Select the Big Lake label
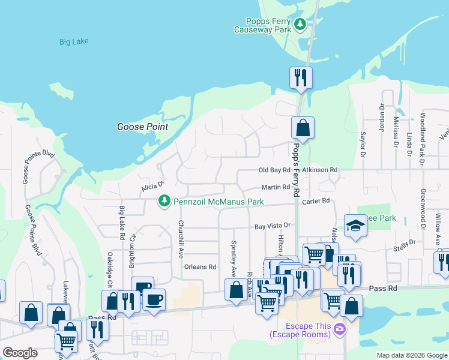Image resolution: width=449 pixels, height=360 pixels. click(x=74, y=42)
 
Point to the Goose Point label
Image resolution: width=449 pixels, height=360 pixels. click(x=142, y=127)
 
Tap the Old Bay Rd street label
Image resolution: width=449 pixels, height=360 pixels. click(x=274, y=170)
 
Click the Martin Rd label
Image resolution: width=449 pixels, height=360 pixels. click(x=276, y=187)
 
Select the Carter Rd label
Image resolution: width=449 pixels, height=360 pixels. click(x=316, y=201)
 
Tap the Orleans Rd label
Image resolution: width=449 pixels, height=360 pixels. click(x=200, y=267)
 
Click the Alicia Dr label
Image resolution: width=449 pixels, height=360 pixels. click(x=152, y=187)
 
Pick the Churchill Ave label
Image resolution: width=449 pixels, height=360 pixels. click(x=180, y=239)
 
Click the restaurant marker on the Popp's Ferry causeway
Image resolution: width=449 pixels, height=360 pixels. click(x=300, y=77)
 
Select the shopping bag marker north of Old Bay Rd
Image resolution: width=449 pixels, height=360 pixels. click(x=303, y=127)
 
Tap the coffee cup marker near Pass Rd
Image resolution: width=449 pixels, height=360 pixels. click(x=154, y=299)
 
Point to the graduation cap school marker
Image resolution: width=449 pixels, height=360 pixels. click(x=355, y=226)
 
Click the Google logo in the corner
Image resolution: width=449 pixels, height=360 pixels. click(x=20, y=353)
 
